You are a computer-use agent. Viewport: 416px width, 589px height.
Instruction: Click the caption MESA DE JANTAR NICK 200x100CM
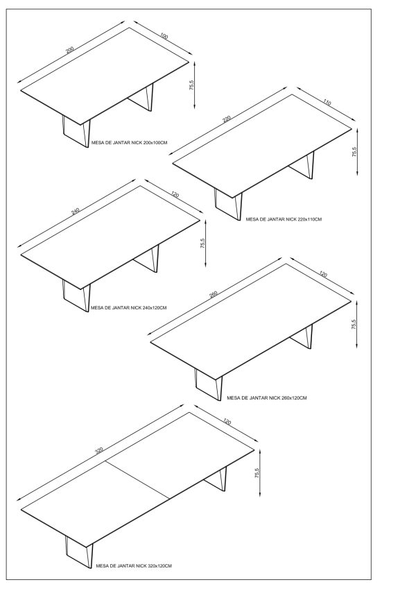(x=129, y=143)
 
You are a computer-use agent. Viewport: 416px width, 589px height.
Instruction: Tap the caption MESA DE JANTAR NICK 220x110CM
(x=284, y=219)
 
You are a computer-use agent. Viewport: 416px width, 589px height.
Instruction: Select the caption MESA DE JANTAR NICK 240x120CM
(x=129, y=307)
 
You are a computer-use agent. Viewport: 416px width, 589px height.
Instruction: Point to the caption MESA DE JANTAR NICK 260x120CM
(x=266, y=398)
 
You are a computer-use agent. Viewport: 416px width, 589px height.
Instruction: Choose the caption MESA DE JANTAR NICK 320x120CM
(x=134, y=565)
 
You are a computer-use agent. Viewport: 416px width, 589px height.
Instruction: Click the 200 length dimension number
(x=70, y=50)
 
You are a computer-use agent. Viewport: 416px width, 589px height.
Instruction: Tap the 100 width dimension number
(x=164, y=36)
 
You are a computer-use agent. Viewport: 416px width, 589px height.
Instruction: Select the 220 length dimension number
(x=227, y=119)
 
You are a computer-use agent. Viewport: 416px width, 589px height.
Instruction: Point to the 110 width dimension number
(x=327, y=102)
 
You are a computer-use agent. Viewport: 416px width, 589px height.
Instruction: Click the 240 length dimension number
(x=76, y=211)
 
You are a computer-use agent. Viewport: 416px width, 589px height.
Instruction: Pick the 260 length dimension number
(x=214, y=294)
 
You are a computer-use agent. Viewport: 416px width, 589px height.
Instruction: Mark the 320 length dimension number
(x=98, y=450)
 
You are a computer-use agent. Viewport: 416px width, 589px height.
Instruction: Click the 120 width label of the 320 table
(x=227, y=422)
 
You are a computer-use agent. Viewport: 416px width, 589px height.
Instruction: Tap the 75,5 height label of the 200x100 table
(x=191, y=85)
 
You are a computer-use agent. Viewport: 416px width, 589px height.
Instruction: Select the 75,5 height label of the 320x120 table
(x=257, y=472)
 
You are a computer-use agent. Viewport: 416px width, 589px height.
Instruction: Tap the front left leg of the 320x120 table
(x=79, y=552)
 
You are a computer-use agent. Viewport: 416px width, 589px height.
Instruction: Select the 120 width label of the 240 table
(x=175, y=194)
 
